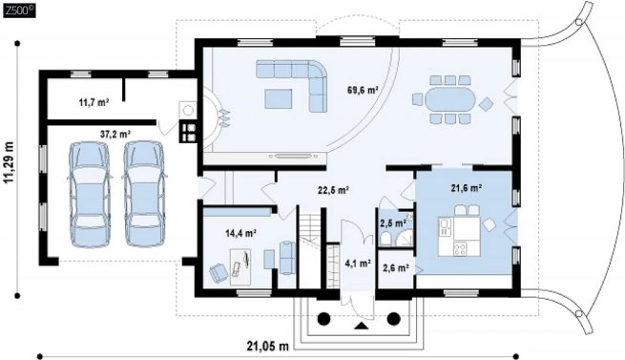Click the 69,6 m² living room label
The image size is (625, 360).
pos(363,90)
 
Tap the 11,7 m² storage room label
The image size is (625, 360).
pos(94,102)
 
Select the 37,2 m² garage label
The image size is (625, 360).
pos(116,135)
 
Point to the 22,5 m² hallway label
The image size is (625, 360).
pos(334,190)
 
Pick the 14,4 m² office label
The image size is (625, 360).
pos(240,233)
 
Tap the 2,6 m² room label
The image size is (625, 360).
pos(395,268)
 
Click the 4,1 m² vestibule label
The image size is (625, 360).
pos(358,264)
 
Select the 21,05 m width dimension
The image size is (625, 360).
pos(267,346)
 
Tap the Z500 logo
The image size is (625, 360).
pos(19,11)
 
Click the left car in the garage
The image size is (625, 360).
pos(90,195)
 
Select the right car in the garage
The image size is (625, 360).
pos(144,194)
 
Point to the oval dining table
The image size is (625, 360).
pos(450,99)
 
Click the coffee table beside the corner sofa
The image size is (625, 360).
pos(279,98)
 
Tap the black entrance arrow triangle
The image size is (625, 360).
pos(362,326)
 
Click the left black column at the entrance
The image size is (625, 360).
pos(323,319)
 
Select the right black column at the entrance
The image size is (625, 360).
pos(394,319)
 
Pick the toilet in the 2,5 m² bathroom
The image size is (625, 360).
pos(385,240)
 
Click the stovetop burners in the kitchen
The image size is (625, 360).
pos(460,249)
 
